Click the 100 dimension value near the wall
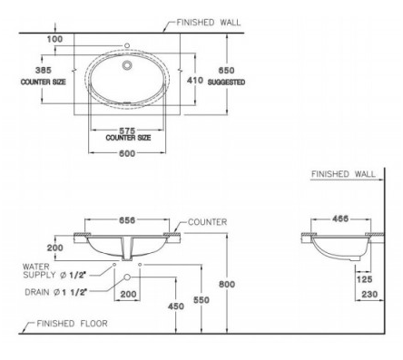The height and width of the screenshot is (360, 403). (54, 39)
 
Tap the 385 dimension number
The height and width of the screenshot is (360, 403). (44, 70)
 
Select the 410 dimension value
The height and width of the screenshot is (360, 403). (195, 81)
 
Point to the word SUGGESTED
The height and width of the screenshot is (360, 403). (226, 83)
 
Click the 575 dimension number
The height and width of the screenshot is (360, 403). (127, 131)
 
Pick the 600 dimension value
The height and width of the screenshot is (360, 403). (127, 153)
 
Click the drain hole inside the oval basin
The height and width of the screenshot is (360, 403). (127, 65)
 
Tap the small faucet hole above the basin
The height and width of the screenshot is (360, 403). (127, 45)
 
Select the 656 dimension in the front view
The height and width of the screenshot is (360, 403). (127, 220)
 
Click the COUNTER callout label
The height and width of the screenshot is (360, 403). (207, 222)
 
